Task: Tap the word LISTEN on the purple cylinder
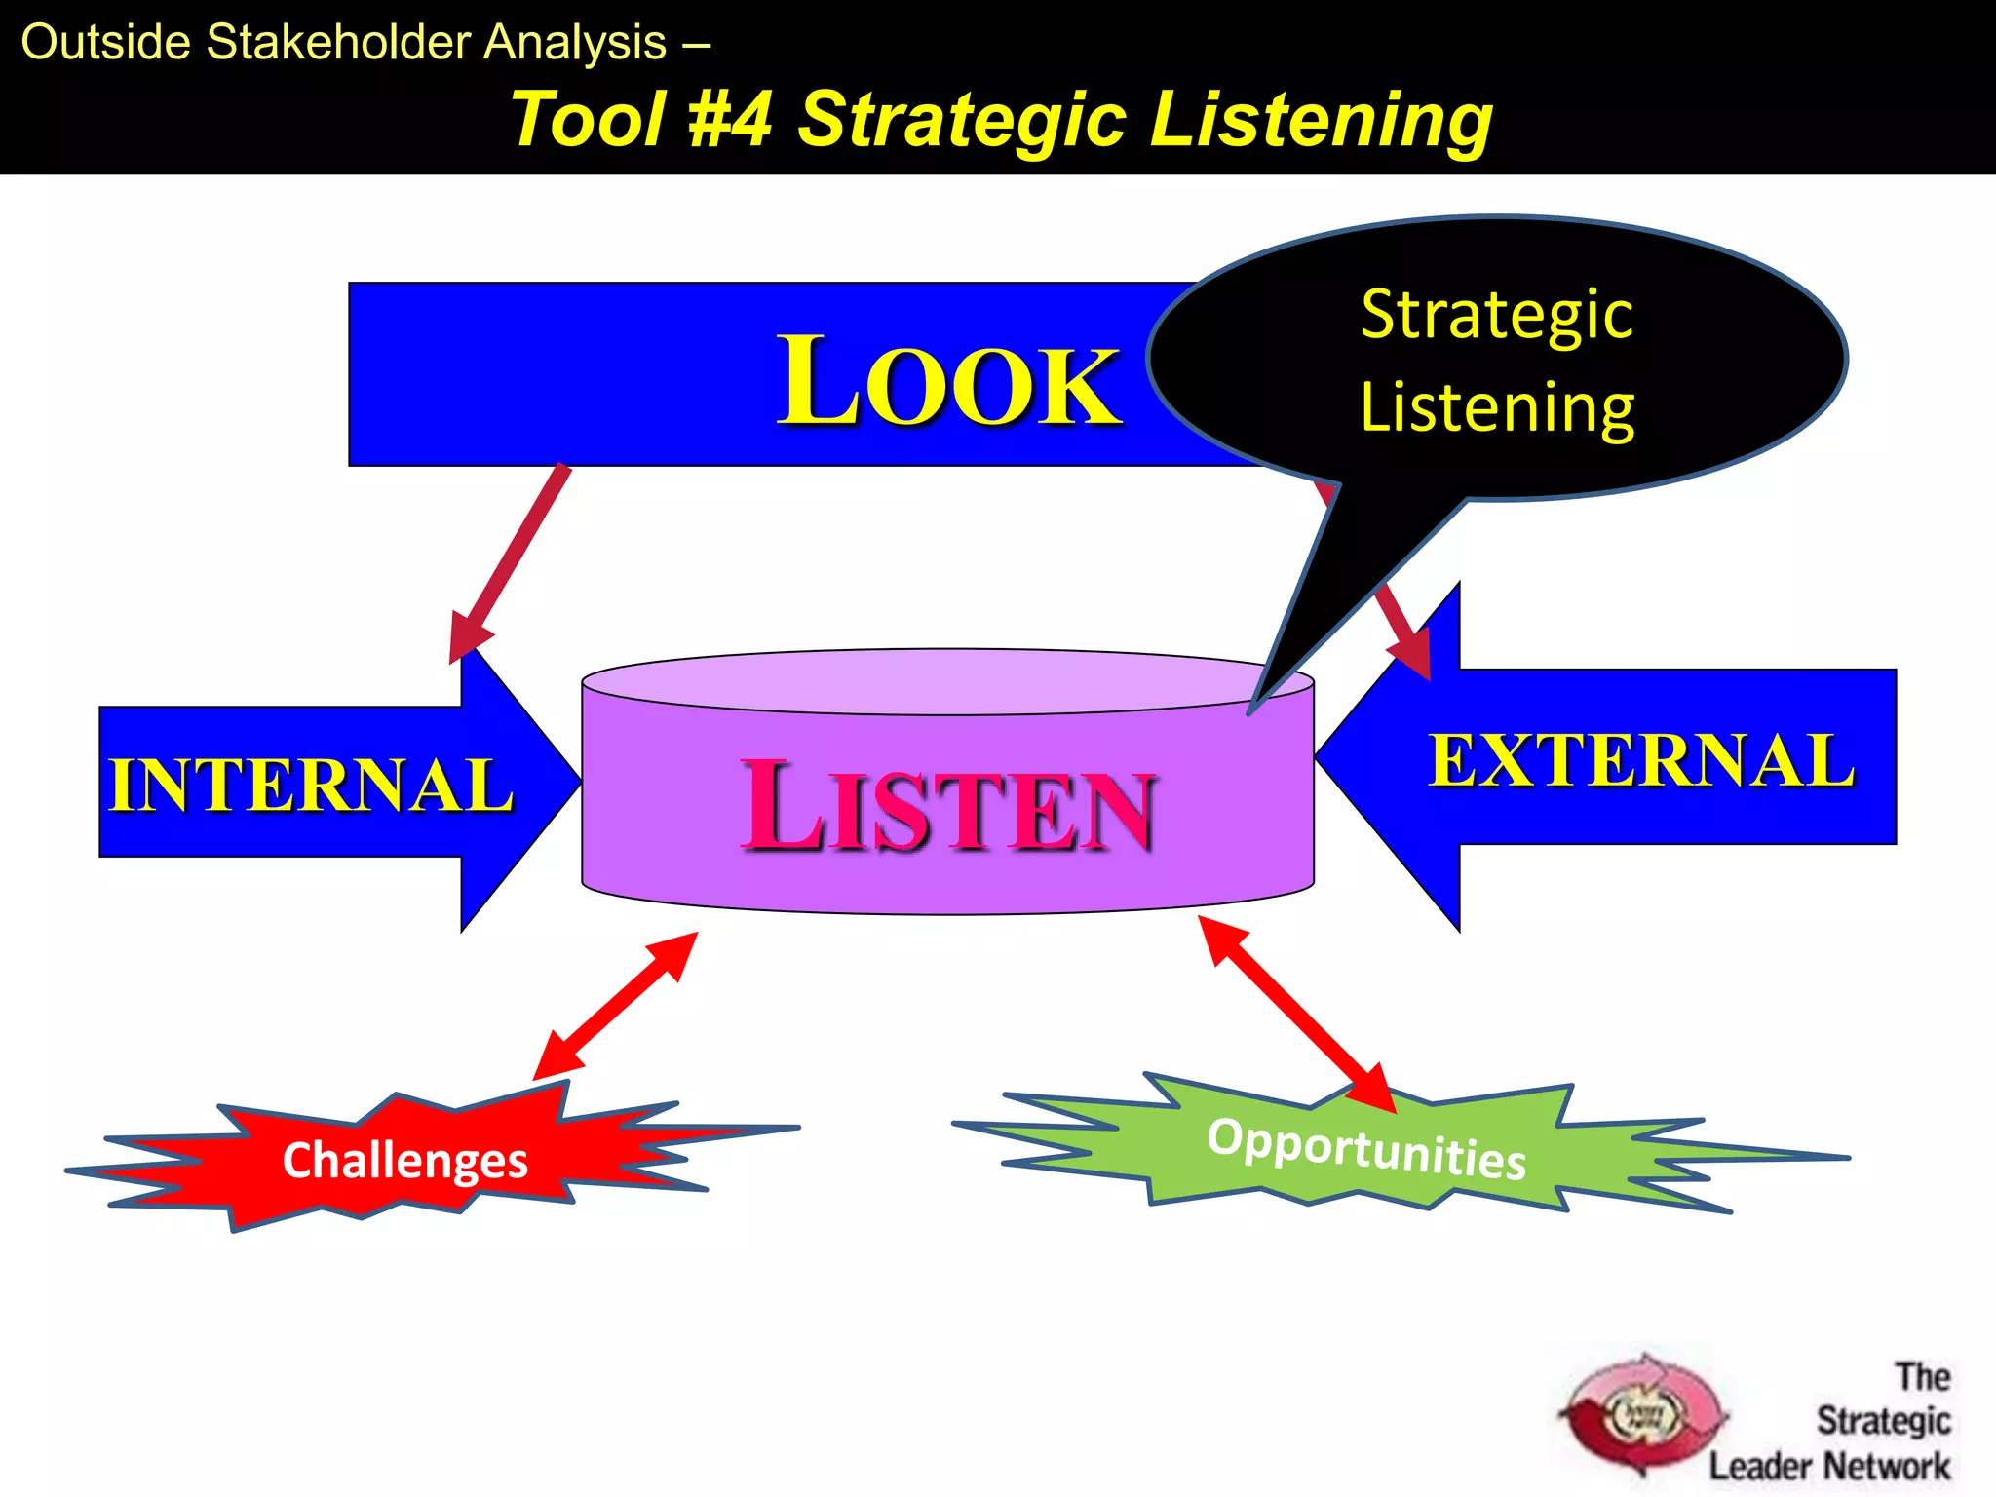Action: (x=948, y=807)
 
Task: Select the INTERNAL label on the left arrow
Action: (x=310, y=785)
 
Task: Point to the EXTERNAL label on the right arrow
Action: (x=1641, y=760)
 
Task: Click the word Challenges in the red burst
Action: (x=404, y=1160)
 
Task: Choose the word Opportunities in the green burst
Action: (x=1366, y=1148)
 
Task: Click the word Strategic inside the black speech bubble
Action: (x=1496, y=315)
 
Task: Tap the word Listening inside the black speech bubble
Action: (x=1496, y=407)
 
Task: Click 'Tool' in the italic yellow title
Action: (x=589, y=120)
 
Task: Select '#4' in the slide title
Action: (x=730, y=120)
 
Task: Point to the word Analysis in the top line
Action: (x=575, y=43)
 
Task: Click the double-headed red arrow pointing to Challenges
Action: (x=616, y=1006)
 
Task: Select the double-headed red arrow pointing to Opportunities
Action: (x=1296, y=1014)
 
